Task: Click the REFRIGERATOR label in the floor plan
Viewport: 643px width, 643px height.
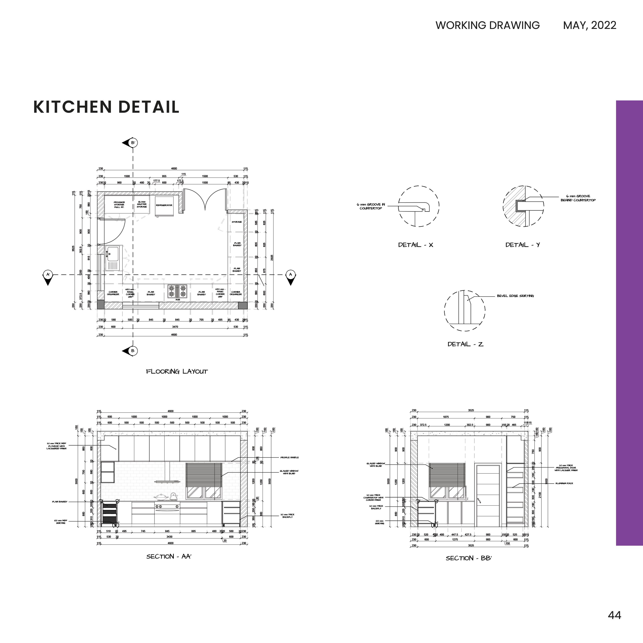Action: click(x=164, y=205)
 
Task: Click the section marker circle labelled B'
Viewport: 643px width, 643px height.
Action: click(x=133, y=143)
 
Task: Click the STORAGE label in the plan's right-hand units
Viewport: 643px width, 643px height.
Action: click(x=237, y=222)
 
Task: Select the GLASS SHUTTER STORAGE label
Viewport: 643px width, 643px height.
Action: click(x=142, y=204)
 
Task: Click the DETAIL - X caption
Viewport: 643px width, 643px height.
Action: click(x=416, y=245)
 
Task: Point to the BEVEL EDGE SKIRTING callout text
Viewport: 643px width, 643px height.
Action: click(x=515, y=296)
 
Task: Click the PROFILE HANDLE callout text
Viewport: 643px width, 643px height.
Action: click(x=289, y=458)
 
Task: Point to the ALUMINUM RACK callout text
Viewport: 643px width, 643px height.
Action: click(x=564, y=483)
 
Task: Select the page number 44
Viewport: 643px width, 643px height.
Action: click(x=614, y=615)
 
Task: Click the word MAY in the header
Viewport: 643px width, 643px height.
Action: click(x=572, y=25)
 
